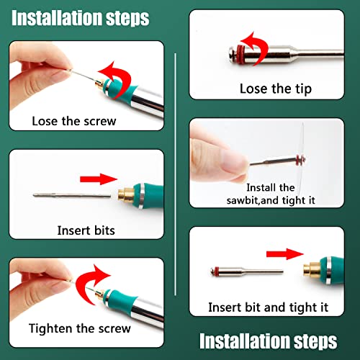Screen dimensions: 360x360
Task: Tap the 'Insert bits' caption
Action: (x=86, y=230)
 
